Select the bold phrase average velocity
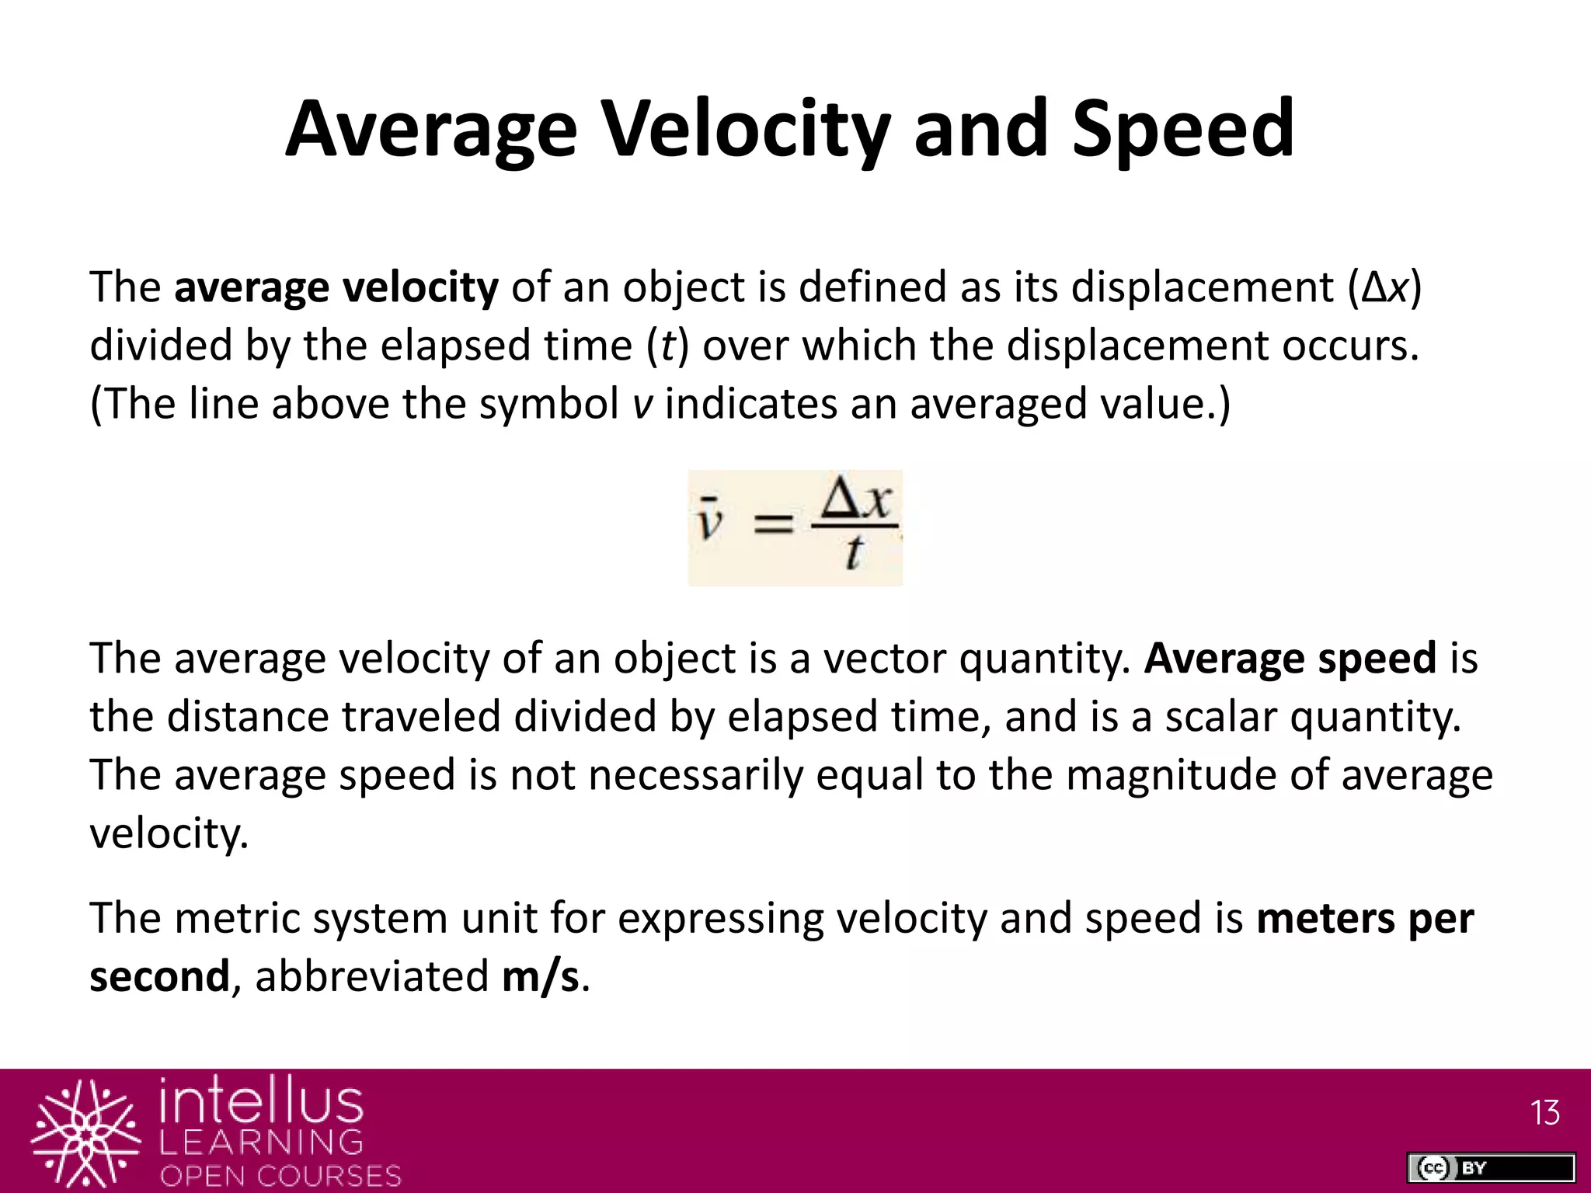(336, 287)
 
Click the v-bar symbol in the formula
(708, 520)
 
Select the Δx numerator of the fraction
(855, 500)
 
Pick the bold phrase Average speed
(1290, 659)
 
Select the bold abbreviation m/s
(541, 976)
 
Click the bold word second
(159, 976)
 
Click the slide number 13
(1544, 1113)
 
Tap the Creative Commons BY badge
(1490, 1167)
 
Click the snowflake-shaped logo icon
(86, 1134)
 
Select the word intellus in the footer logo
(261, 1101)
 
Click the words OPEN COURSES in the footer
(280, 1175)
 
